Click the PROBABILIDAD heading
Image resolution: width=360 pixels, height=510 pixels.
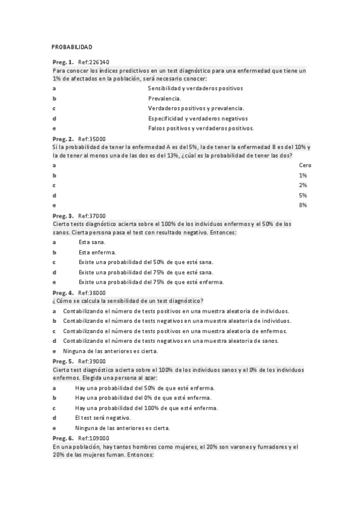(x=72, y=47)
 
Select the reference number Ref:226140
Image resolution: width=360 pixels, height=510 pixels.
(x=94, y=63)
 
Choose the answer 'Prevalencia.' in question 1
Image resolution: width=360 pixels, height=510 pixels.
(x=165, y=97)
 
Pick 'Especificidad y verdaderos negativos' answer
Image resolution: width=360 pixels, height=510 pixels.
(x=198, y=118)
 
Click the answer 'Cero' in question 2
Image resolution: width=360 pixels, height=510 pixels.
(x=305, y=165)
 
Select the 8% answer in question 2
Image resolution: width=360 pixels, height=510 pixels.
(x=303, y=206)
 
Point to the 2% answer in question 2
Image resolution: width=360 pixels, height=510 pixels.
(x=303, y=185)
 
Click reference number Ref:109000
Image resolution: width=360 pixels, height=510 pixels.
(x=94, y=438)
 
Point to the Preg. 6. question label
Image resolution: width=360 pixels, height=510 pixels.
(x=63, y=438)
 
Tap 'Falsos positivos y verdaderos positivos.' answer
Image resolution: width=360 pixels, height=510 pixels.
(x=201, y=128)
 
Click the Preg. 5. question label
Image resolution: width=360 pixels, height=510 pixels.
(x=63, y=361)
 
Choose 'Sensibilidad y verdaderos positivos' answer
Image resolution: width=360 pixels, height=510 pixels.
(x=195, y=88)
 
